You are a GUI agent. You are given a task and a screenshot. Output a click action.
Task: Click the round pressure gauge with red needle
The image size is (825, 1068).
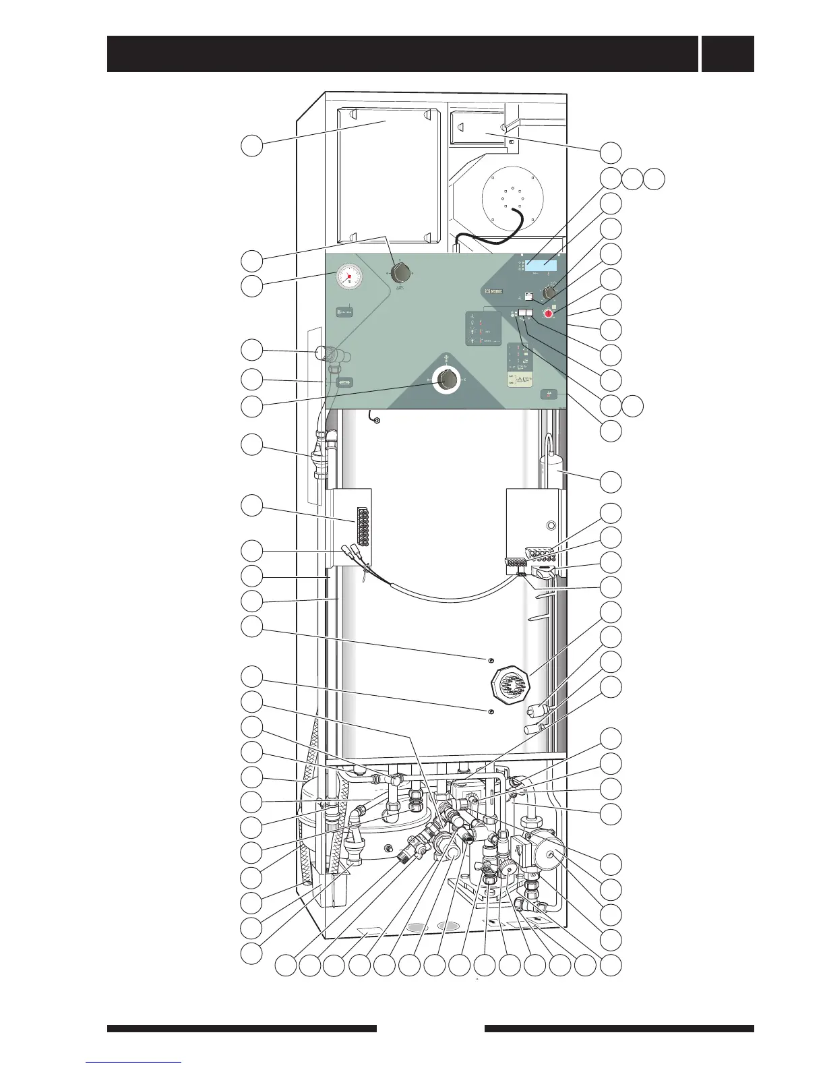348,277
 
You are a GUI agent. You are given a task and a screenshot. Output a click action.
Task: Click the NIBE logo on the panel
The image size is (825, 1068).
493,292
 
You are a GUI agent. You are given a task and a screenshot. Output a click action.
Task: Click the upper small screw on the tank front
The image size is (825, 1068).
491,659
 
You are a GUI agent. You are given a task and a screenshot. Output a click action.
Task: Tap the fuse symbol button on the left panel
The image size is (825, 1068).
344,382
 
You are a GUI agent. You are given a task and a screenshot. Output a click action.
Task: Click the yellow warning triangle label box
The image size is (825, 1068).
519,382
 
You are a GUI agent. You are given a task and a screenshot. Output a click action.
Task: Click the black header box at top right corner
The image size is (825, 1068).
727,54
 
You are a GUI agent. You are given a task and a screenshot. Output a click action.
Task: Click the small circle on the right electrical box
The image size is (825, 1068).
551,525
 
